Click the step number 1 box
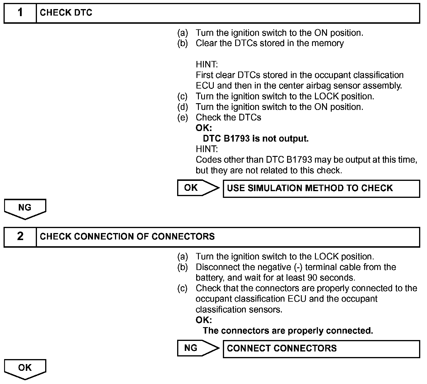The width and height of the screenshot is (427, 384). tap(20, 13)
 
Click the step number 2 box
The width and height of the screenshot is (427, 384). tap(20, 237)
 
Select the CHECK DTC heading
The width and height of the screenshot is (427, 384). tap(66, 13)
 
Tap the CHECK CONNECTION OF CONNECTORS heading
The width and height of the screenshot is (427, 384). tap(127, 237)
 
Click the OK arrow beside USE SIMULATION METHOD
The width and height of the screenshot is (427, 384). tap(198, 188)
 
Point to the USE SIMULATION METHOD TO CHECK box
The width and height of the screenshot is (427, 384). tap(321, 188)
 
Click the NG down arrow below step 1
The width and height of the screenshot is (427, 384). tap(25, 208)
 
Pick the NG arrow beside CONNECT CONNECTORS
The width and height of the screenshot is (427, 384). tap(198, 348)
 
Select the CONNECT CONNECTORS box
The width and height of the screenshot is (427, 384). tap(321, 349)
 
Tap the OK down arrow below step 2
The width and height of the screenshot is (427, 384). tap(25, 369)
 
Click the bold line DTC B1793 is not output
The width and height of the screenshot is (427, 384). tap(256, 139)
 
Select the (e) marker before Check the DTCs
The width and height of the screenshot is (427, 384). tap(182, 118)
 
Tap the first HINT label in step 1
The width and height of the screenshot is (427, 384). tap(207, 64)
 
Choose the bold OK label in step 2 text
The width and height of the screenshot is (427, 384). tap(204, 320)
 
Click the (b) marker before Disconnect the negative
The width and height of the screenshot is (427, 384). tap(182, 267)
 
